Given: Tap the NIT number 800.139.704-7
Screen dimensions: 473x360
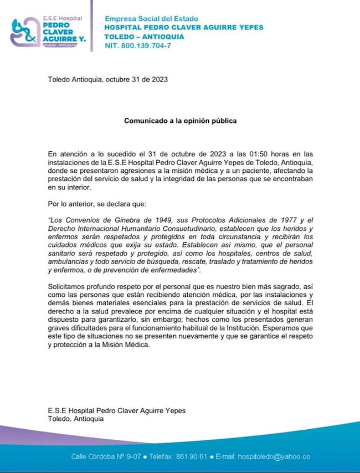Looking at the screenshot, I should pos(147,45).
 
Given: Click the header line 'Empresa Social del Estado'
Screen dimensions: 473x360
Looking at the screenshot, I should pos(151,19).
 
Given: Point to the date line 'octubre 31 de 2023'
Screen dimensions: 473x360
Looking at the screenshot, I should pos(136,79).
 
